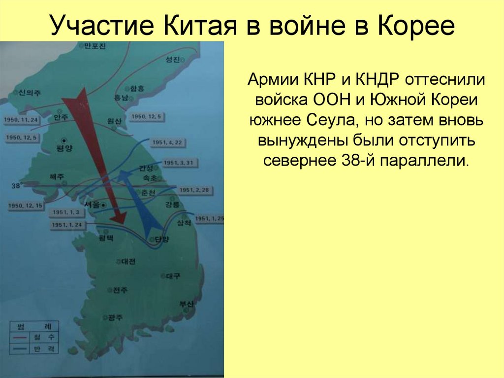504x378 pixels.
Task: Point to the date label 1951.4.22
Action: point(166,142)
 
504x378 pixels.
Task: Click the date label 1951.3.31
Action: point(178,163)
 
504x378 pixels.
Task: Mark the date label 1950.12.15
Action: point(25,205)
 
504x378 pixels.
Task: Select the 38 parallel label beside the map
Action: point(16,186)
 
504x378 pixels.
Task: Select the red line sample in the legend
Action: point(21,338)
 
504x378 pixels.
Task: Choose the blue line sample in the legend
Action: point(21,348)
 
